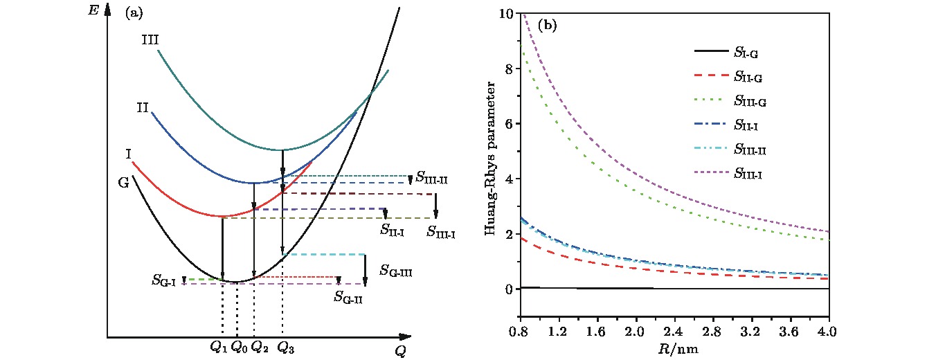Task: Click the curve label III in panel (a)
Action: tap(150, 39)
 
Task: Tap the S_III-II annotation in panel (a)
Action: tap(431, 178)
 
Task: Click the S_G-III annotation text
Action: tap(396, 270)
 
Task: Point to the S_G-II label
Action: tap(348, 298)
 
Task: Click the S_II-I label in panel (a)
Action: tap(393, 229)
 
